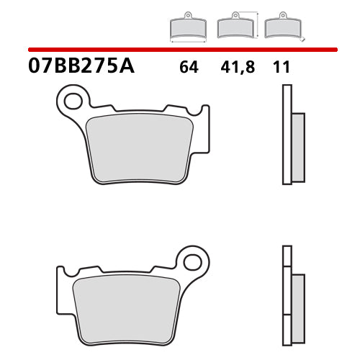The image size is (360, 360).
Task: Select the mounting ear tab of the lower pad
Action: pos(190,260)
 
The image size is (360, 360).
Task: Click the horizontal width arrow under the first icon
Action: pos(187,41)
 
